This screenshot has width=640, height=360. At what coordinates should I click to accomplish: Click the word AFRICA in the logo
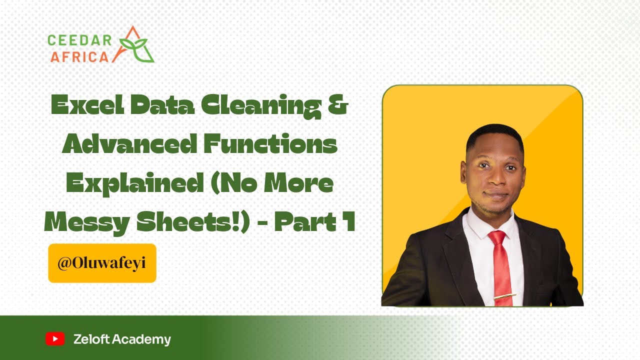(79, 56)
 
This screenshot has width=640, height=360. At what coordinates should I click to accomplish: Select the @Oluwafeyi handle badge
(102, 263)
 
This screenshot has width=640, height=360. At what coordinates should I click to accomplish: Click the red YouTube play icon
(55, 339)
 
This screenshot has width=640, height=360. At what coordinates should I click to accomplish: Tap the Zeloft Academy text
(122, 339)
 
